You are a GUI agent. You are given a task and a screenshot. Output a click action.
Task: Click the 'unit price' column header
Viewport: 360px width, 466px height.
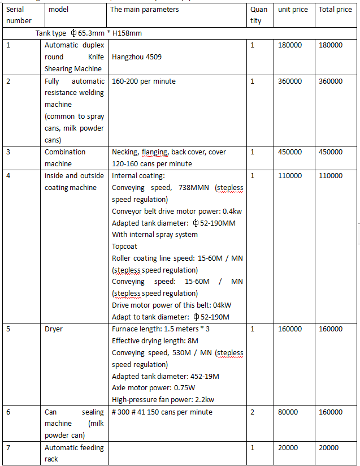293,10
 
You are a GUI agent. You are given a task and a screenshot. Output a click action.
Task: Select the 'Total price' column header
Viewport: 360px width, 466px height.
335,10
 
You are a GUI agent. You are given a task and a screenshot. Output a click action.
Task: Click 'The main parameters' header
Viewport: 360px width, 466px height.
145,10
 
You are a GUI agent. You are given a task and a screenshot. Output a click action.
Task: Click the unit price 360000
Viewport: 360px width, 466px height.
290,81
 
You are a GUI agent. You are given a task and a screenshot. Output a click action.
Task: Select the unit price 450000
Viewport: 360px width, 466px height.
290,152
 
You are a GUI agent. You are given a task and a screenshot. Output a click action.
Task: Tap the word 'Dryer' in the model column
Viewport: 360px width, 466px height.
54,329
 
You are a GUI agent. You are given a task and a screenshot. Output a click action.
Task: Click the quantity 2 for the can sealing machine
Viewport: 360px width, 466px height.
253,412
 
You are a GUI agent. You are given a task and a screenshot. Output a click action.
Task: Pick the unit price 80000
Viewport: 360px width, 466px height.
288,412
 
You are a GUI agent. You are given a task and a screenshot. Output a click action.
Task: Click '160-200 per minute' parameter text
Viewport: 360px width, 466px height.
144,81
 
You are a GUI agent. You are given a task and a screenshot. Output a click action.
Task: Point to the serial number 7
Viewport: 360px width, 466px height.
8,448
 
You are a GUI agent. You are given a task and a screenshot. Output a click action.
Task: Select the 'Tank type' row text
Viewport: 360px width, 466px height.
89,33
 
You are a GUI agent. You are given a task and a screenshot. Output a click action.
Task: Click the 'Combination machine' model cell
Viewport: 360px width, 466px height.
65,158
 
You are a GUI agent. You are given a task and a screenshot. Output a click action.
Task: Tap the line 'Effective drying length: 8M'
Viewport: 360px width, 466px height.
155,341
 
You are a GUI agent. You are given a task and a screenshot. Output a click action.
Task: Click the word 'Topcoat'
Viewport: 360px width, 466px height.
125,247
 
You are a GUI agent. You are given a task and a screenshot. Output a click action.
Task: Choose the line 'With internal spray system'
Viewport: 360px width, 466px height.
155,235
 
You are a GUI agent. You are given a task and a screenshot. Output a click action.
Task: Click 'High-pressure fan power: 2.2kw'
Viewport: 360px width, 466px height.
163,400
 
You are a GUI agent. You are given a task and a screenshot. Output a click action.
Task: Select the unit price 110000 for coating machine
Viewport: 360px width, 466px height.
290,176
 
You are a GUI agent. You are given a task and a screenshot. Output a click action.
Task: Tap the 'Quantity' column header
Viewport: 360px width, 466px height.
259,15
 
